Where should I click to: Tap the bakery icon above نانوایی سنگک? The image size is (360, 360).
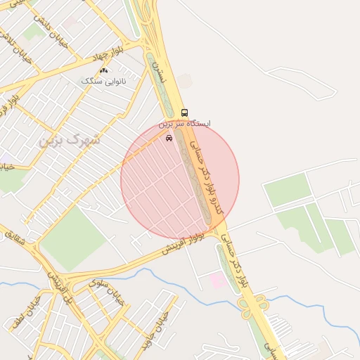tap(104, 70)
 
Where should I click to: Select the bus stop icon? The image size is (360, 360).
tap(184, 112)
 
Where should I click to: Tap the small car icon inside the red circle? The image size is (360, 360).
tap(169, 138)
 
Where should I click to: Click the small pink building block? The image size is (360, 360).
tap(218, 281)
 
